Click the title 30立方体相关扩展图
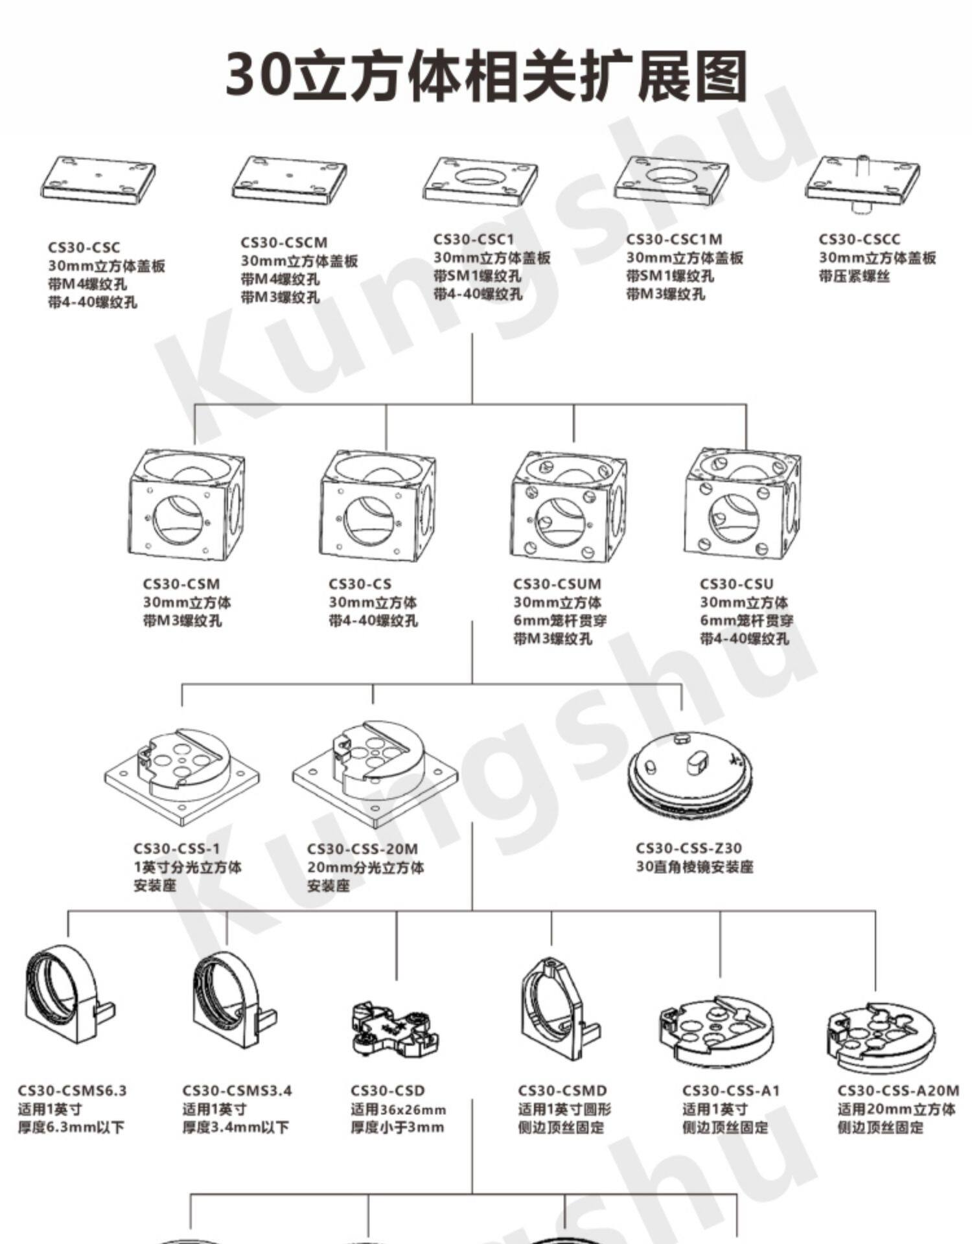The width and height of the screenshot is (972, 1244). point(486,76)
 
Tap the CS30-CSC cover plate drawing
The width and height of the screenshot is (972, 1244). point(98,181)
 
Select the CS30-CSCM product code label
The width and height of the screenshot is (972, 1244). point(284,242)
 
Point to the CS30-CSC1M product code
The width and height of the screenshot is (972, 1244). point(674,239)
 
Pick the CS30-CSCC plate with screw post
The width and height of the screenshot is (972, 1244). point(862,182)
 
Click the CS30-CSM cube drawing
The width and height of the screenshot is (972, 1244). point(187,505)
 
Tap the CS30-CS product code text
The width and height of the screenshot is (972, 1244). point(360,584)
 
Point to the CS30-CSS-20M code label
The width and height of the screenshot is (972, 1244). point(362,849)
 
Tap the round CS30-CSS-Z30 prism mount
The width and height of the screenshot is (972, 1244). point(691,776)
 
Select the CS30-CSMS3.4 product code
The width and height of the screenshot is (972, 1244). point(237,1090)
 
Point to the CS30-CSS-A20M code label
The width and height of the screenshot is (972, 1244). point(898,1090)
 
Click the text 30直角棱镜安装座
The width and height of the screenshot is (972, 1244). point(695,866)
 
